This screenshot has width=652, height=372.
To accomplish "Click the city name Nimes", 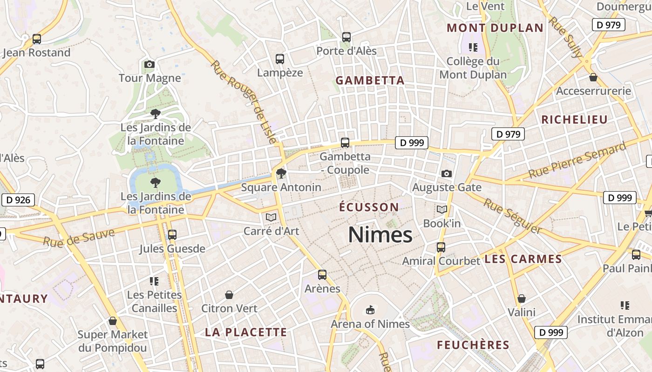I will click(380, 235).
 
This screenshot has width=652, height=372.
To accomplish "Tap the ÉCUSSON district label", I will click(369, 207).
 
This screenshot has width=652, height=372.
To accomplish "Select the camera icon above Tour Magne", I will click(149, 64).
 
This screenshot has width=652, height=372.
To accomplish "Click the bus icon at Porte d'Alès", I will click(346, 37).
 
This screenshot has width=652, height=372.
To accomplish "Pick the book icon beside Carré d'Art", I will click(271, 217).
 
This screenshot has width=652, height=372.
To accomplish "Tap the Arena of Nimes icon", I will click(370, 310).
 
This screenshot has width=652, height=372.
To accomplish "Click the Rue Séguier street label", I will click(512, 216).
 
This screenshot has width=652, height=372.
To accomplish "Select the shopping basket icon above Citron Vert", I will click(229, 295).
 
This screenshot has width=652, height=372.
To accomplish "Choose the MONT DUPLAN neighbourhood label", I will click(495, 28).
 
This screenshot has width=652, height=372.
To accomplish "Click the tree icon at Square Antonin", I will click(281, 174).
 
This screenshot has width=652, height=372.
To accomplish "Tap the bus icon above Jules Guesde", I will click(172, 235).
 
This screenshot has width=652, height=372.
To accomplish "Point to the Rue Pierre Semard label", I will click(577, 161).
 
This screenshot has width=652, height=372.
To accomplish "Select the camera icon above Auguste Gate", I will click(447, 174).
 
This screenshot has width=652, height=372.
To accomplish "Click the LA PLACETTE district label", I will click(246, 332).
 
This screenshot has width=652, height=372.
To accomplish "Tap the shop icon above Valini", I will click(522, 299).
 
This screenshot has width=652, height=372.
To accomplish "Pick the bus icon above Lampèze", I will click(280, 59).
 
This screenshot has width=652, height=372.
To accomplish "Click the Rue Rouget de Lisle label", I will click(244, 102).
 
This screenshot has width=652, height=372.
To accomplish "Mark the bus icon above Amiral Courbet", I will click(441, 247).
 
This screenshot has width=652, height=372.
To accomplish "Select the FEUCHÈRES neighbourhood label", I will click(473, 345).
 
